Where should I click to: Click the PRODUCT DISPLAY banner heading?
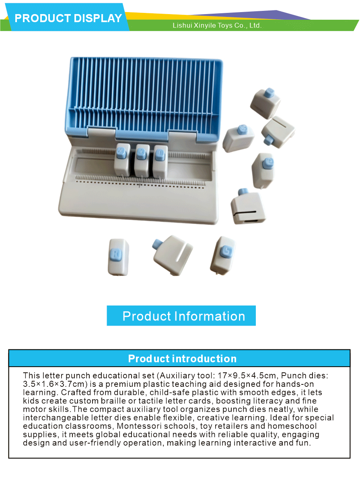point(68,18)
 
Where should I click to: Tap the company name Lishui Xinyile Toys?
point(217,25)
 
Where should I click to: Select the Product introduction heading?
point(182,358)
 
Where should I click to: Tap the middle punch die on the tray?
point(141,161)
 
